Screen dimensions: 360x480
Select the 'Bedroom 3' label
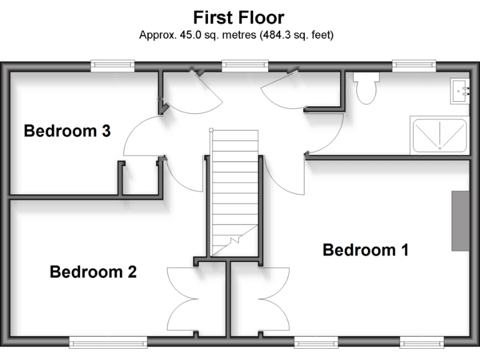click(67, 131)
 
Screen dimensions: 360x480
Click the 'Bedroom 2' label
click(93, 272)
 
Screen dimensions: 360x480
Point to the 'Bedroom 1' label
click(366, 250)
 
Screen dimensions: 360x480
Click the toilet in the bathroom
click(365, 87)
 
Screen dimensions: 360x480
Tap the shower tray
click(439, 136)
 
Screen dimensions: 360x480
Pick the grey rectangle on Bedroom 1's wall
click(461, 221)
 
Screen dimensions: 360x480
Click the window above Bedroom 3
click(112, 64)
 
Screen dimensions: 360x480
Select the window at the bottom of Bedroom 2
click(108, 341)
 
